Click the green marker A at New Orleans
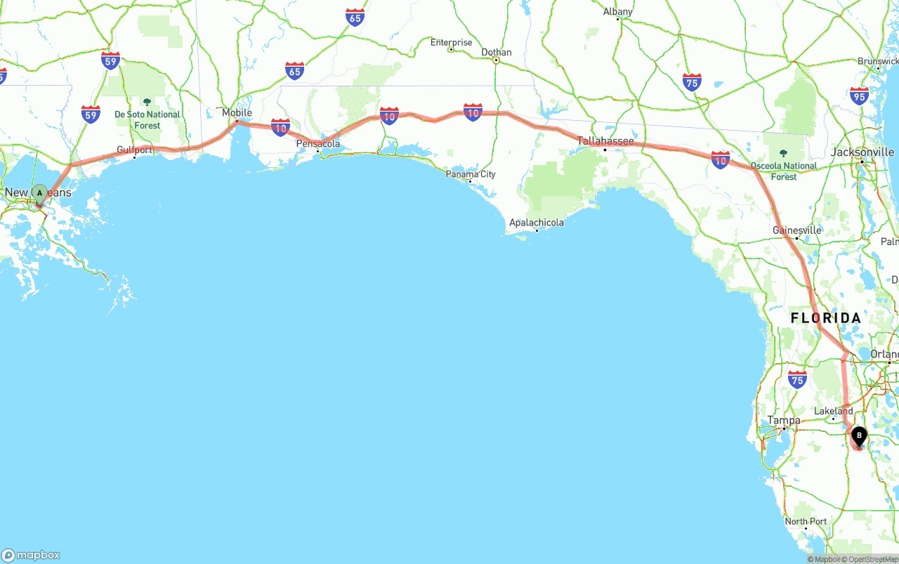point(40,192)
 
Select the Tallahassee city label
point(605,141)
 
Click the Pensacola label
point(318,144)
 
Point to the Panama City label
point(471,174)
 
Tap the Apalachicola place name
point(537,223)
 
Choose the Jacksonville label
point(862,152)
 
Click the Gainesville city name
point(796,230)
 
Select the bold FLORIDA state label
point(826,318)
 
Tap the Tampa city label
point(784,421)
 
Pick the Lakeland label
point(834,412)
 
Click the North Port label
point(806,522)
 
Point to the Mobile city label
point(237,113)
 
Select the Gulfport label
point(134,150)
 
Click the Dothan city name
point(497,53)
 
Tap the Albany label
point(618,12)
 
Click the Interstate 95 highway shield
point(859,96)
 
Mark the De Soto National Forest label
point(147,119)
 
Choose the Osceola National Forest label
point(784,171)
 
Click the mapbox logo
point(31,555)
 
